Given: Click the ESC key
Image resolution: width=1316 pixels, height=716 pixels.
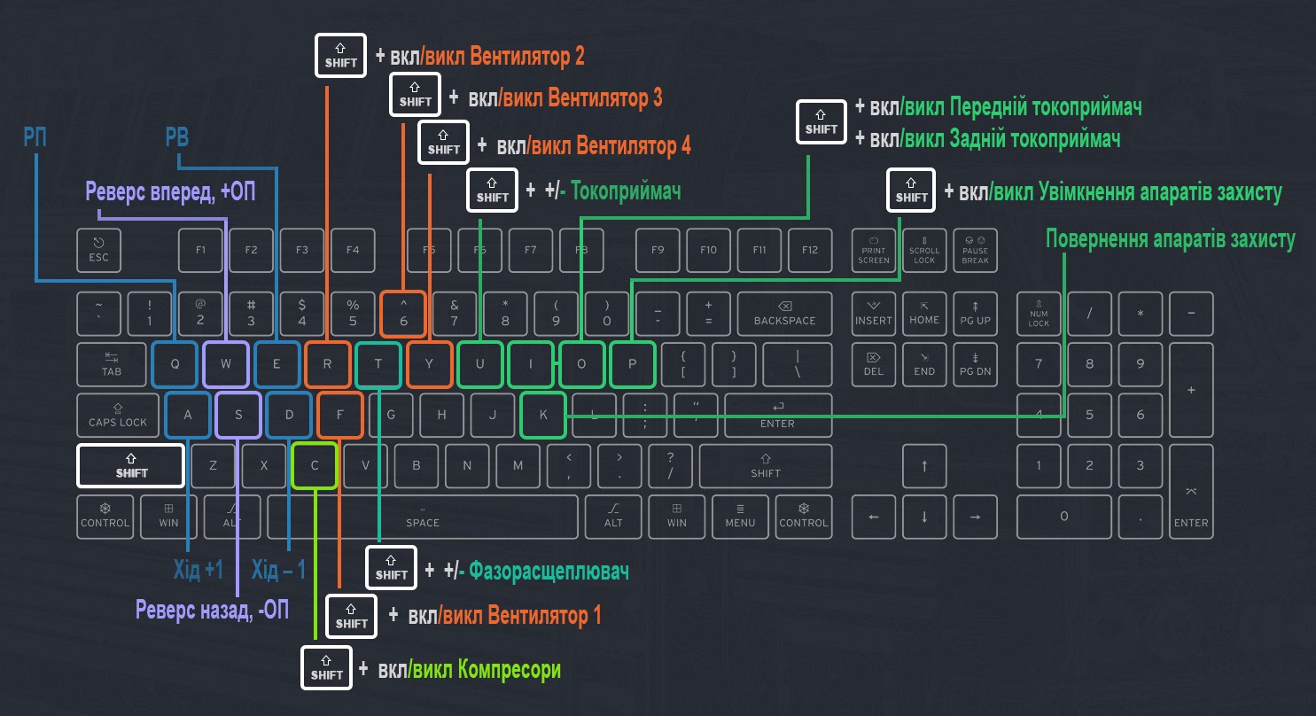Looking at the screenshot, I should tap(98, 251).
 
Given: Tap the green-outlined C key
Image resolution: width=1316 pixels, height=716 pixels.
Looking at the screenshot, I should tap(315, 465).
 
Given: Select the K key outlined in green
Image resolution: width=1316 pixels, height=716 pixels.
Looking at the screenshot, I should tap(543, 415).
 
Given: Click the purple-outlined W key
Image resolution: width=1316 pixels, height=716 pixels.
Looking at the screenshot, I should tap(226, 364).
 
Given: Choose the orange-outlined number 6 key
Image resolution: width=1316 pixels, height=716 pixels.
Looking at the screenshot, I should tap(403, 314).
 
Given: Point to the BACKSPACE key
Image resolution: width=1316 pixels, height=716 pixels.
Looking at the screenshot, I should tap(783, 314).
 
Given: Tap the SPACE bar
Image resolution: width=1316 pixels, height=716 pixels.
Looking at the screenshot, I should tap(423, 517).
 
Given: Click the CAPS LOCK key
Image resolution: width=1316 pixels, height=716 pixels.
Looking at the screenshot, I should tap(118, 415).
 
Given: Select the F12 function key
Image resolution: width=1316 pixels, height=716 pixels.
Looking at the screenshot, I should tap(810, 251).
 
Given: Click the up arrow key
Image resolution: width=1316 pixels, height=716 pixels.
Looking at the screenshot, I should tap(924, 465).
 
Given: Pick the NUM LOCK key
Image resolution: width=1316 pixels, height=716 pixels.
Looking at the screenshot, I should tap(1039, 314).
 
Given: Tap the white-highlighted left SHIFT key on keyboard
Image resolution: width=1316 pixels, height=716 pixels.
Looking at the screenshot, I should tap(130, 465).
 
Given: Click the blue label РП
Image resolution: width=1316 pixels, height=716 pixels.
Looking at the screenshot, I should tap(36, 137).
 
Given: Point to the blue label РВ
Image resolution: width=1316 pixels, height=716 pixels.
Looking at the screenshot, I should tap(177, 137).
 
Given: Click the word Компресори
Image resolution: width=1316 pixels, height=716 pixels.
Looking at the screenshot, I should tap(510, 669).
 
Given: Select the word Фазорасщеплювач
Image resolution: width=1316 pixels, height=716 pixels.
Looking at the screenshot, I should tap(549, 571).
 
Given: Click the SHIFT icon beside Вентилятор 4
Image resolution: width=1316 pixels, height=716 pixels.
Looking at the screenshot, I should tap(444, 144).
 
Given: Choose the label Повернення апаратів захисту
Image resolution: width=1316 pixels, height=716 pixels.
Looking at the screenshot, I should tap(1170, 239).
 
